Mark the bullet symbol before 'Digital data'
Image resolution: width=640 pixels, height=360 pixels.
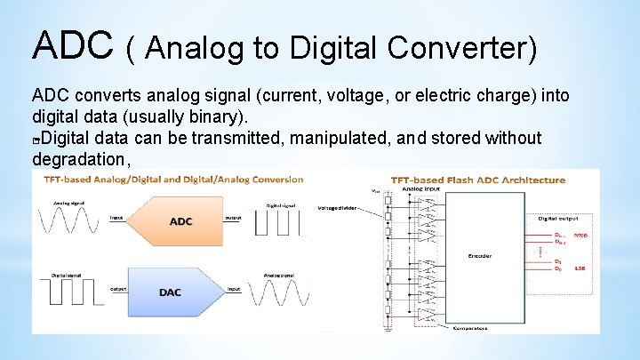[x=36, y=140]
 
